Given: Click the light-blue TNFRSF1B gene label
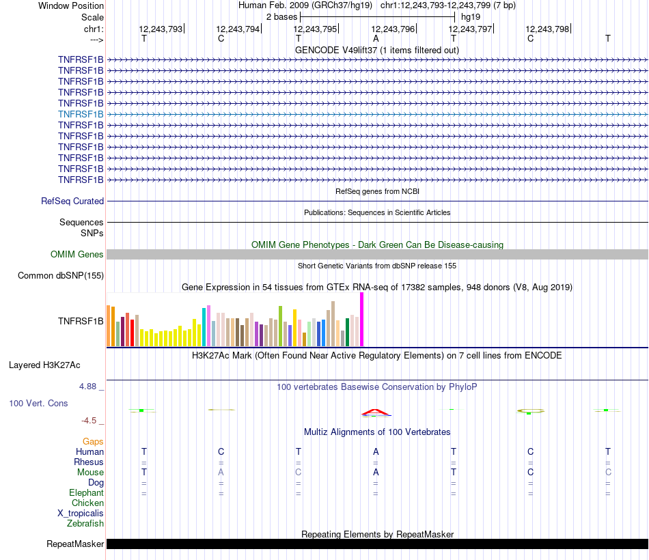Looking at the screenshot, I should (81, 114).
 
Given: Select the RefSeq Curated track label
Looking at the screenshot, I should (72, 201).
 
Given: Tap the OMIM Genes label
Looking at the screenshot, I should (77, 255).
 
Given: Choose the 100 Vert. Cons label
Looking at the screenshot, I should (38, 404).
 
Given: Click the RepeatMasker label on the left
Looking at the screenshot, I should (75, 544).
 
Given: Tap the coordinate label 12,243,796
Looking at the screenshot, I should (393, 29).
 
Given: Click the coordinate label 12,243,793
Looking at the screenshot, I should (161, 29).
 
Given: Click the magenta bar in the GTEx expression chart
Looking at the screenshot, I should (361, 320).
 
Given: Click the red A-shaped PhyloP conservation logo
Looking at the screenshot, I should (376, 412).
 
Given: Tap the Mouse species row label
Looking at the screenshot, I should (90, 473).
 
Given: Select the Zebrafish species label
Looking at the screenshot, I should (85, 524).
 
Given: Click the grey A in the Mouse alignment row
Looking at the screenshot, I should (221, 473).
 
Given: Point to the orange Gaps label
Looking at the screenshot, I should (93, 442).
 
